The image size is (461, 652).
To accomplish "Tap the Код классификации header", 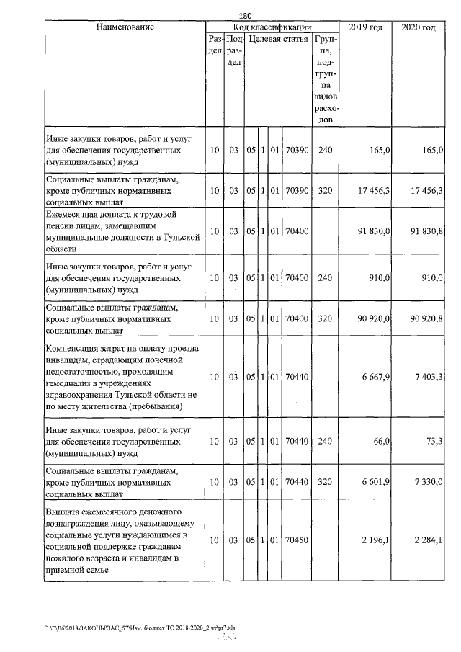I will [x=272, y=27].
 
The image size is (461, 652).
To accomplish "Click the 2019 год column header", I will [x=365, y=27].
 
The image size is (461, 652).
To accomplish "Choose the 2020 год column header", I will [x=418, y=27].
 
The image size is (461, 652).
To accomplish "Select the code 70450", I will [x=297, y=540].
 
